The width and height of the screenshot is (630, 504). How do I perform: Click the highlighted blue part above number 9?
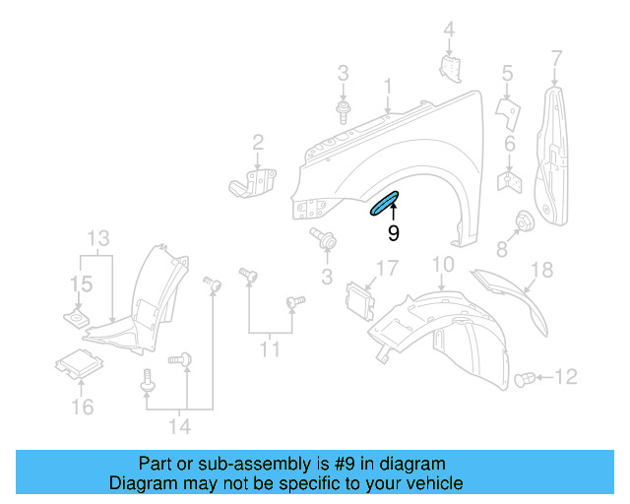(383, 204)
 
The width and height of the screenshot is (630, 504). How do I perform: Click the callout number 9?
(393, 234)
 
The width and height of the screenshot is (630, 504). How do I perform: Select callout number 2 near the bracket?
(258, 143)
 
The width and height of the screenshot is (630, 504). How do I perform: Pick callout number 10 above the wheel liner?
(442, 264)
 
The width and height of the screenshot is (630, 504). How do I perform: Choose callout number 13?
(98, 238)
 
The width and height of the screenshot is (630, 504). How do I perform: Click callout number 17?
(385, 268)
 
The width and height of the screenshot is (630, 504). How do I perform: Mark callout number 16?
(83, 407)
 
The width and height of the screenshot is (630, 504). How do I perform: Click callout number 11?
(270, 348)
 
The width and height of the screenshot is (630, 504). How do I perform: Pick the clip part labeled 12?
(527, 377)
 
